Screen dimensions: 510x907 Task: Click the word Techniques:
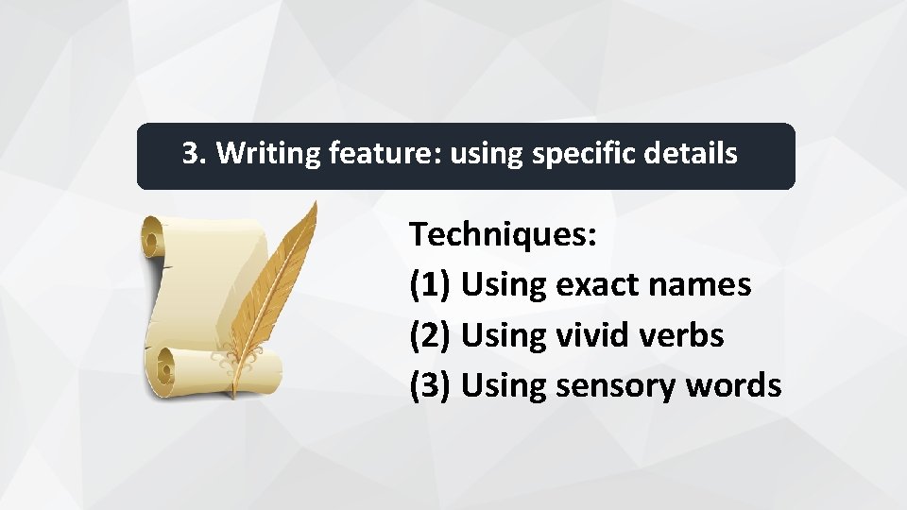[503, 234]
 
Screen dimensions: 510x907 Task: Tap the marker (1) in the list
[431, 284]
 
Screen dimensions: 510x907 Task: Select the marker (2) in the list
[431, 335]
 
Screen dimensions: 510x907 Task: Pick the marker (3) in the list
[431, 385]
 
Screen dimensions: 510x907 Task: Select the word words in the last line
[734, 385]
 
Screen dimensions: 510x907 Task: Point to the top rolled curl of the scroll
[156, 236]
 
